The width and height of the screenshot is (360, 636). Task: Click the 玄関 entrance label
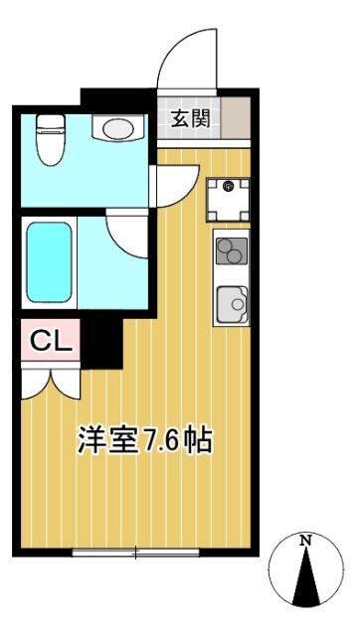click(x=189, y=119)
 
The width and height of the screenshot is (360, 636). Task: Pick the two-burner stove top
click(x=231, y=250)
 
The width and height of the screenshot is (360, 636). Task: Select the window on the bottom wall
click(x=135, y=551)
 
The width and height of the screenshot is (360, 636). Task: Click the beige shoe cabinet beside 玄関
click(x=235, y=119)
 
